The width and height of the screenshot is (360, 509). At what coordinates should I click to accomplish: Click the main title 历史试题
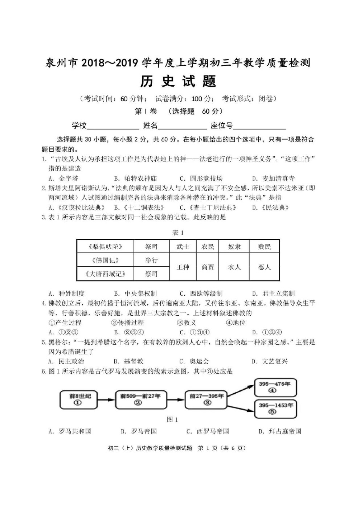[178, 81]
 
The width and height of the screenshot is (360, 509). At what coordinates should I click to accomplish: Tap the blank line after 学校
[113, 127]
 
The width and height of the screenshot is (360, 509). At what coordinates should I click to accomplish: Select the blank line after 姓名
[182, 127]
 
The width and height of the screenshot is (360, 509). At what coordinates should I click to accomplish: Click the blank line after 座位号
[259, 127]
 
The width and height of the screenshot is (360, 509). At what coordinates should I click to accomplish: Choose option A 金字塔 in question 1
[64, 178]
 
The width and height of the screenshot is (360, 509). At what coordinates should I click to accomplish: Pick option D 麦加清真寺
[274, 178]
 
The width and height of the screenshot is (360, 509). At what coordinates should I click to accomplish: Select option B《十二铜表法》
[139, 208]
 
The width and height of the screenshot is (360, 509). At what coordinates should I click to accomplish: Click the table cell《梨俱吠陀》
[105, 247]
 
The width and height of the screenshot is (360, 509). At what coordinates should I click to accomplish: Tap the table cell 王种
[183, 267]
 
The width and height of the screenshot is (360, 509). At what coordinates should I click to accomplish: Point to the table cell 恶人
[264, 267]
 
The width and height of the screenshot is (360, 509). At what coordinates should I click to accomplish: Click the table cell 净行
[151, 260]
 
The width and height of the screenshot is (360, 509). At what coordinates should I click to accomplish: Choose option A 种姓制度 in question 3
[67, 294]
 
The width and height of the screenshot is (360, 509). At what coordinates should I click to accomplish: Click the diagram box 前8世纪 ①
[77, 399]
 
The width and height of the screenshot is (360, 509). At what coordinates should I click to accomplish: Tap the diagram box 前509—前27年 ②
[140, 399]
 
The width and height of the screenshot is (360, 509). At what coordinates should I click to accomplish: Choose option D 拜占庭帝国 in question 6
[280, 431]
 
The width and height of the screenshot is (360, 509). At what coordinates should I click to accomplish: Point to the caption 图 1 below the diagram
[172, 419]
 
